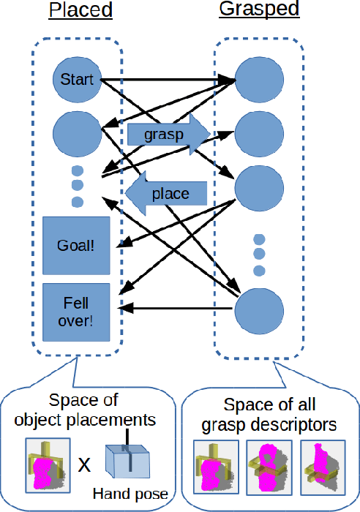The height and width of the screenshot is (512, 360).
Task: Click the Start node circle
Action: [x=77, y=78]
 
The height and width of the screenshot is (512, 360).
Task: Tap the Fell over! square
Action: [x=76, y=312]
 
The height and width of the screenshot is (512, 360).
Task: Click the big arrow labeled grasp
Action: [x=168, y=134]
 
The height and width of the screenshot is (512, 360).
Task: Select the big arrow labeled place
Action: [x=167, y=194]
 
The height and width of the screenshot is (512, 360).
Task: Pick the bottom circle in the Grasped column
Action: [x=258, y=312]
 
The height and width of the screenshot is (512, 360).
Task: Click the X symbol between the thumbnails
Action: [x=84, y=464]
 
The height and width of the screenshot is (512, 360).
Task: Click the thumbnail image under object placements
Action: [x=48, y=464]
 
